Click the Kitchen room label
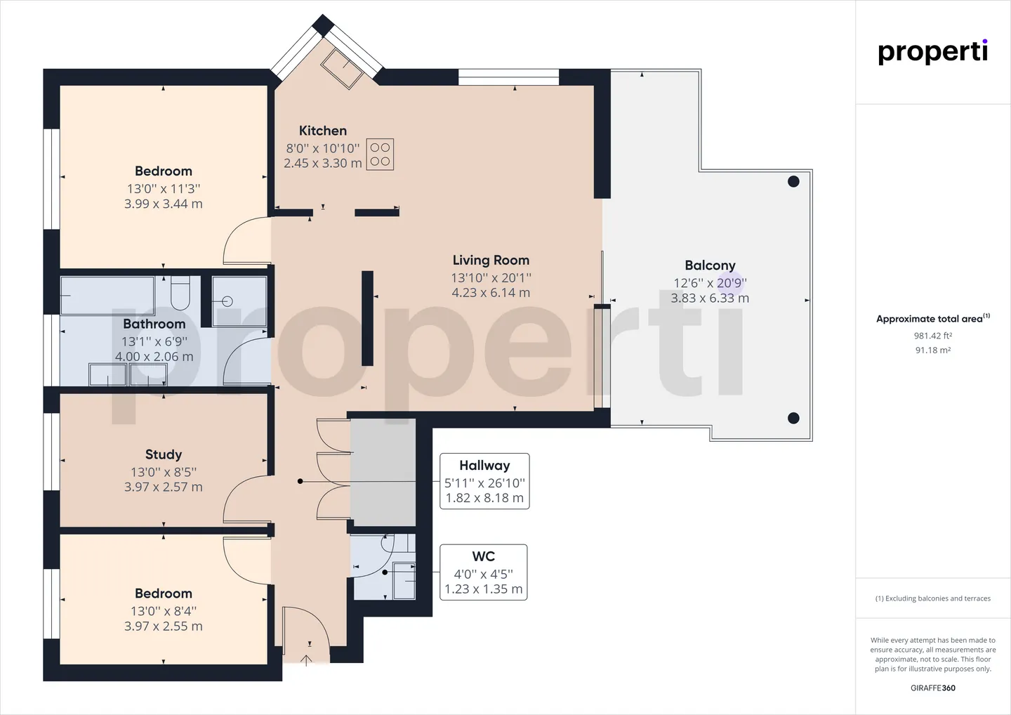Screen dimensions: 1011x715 323,131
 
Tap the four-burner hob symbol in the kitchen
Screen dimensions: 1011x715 380,155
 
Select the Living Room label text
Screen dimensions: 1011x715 491,261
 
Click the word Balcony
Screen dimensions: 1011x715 710,265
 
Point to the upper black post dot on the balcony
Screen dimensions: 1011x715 793,181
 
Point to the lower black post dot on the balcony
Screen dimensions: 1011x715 793,418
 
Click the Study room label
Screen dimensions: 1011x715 164,454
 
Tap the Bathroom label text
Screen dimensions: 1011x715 154,324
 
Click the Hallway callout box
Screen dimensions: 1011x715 484,481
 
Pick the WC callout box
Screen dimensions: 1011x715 483,572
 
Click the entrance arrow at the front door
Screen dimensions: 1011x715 306,660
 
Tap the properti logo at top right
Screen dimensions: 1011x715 932,53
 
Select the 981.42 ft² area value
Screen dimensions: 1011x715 933,336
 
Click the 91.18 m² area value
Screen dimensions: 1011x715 933,350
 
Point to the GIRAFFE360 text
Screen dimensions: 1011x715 933,688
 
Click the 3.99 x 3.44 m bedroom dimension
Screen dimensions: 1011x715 164,204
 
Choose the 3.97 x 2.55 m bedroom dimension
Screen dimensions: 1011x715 164,627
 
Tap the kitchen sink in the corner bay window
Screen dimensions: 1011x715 342,69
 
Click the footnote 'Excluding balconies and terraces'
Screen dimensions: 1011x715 933,598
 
